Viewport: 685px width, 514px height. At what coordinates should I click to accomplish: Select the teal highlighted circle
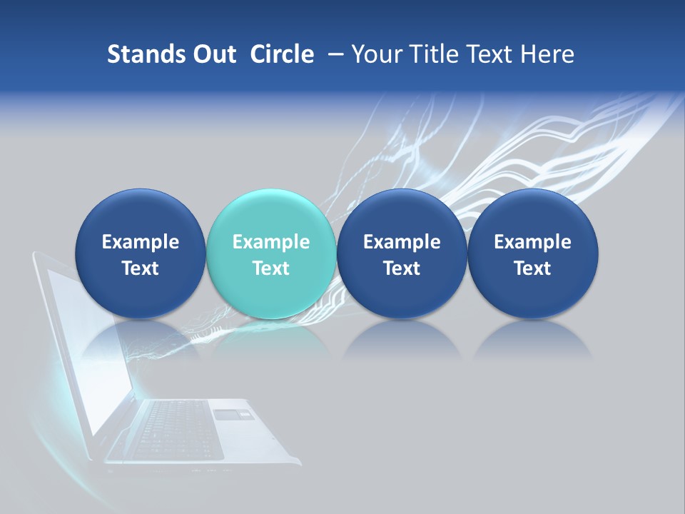point(270,253)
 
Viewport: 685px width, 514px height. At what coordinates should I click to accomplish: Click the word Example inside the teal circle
point(270,242)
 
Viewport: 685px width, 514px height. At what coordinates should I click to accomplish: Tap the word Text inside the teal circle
point(270,268)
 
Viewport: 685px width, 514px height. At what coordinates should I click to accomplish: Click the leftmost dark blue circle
point(140,253)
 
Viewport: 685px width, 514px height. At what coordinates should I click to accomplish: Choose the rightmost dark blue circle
point(532,253)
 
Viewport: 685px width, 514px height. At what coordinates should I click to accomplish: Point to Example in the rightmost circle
point(532,242)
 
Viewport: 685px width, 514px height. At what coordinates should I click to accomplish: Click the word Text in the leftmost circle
point(140,268)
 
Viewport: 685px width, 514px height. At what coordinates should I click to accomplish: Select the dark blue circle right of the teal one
point(402,253)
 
